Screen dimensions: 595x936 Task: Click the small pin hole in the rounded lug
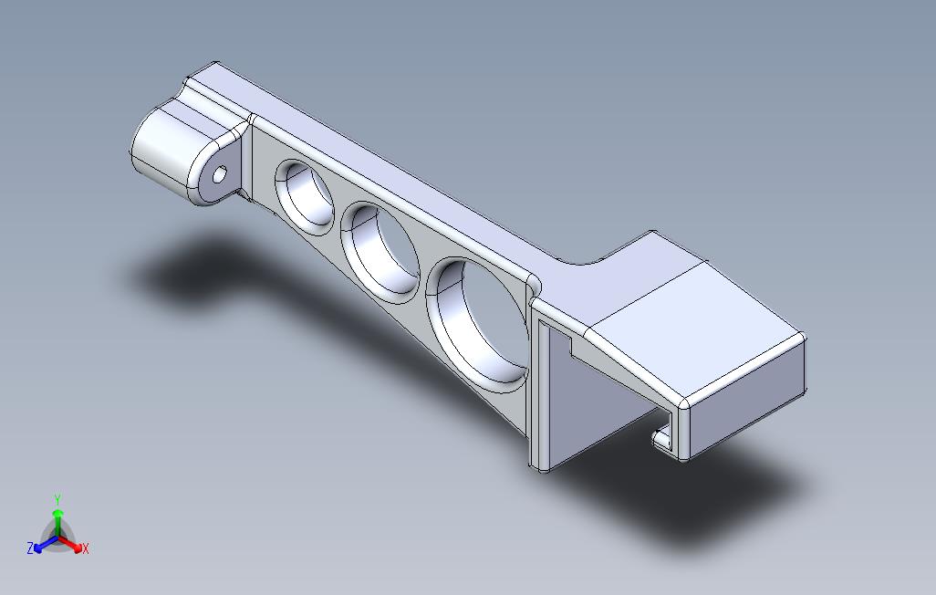[220, 174]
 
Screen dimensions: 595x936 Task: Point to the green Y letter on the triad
[57, 499]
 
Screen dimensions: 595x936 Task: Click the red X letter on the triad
[85, 548]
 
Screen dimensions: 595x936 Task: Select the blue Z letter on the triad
[30, 548]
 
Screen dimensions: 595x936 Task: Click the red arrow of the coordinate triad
[73, 546]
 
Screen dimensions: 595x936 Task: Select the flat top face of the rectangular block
[693, 319]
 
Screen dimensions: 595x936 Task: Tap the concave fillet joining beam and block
[584, 261]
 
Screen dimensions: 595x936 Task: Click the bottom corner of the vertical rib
[541, 467]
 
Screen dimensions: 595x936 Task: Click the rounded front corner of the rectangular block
[685, 402]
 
